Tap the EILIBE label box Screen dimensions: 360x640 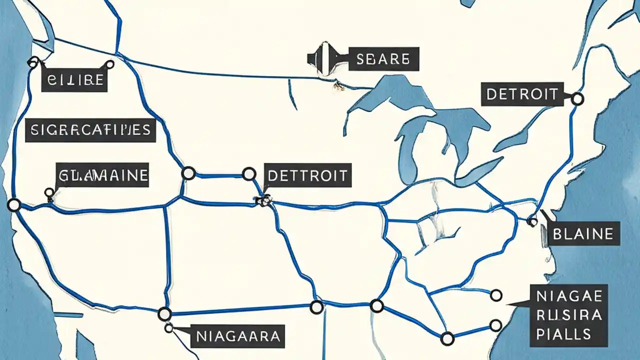click(74, 79)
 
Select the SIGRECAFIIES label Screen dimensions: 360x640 click(90, 130)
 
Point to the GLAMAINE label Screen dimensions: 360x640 click(102, 175)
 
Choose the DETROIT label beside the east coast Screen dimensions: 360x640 click(520, 94)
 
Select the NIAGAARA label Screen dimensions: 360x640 click(237, 335)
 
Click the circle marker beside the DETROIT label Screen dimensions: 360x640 click(577, 98)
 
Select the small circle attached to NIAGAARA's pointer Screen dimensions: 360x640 click(169, 328)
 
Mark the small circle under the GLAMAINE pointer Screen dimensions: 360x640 click(49, 192)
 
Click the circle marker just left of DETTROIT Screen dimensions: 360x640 click(248, 173)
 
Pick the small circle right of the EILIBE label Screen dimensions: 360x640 click(109, 64)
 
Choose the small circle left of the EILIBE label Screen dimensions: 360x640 click(33, 62)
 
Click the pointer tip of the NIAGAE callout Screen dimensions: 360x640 click(508, 303)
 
